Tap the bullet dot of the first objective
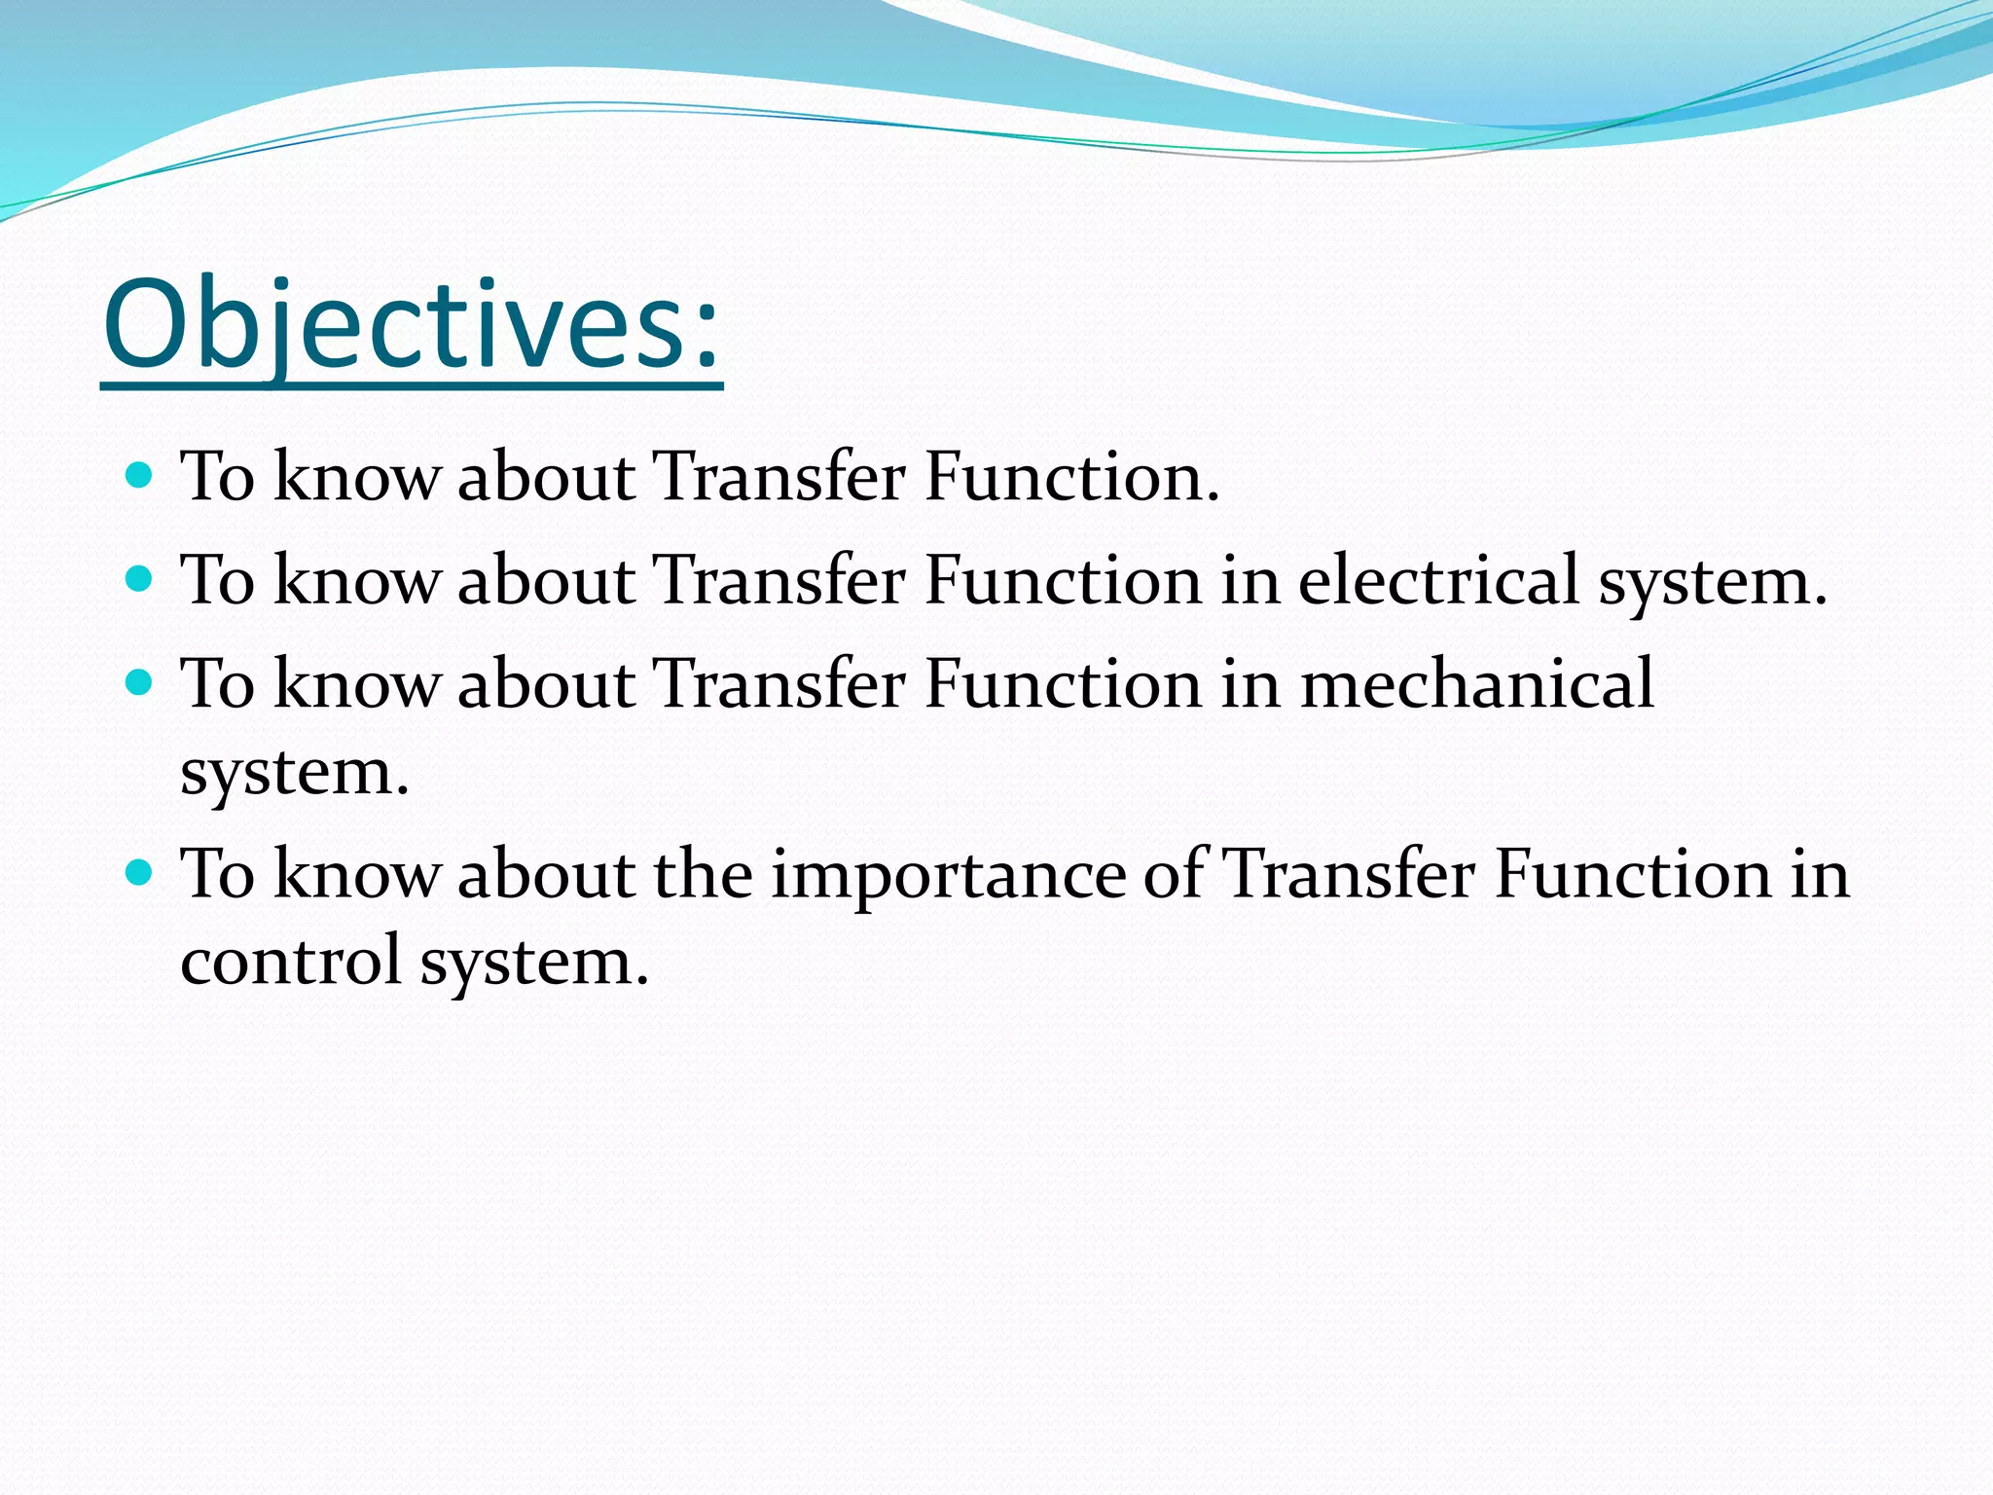140,476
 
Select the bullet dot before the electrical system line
140,580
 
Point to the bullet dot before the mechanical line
140,683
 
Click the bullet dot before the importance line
140,871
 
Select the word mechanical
1476,683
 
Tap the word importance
949,874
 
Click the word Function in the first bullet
1070,477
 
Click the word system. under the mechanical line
295,775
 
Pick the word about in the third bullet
546,683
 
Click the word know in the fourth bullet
356,873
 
